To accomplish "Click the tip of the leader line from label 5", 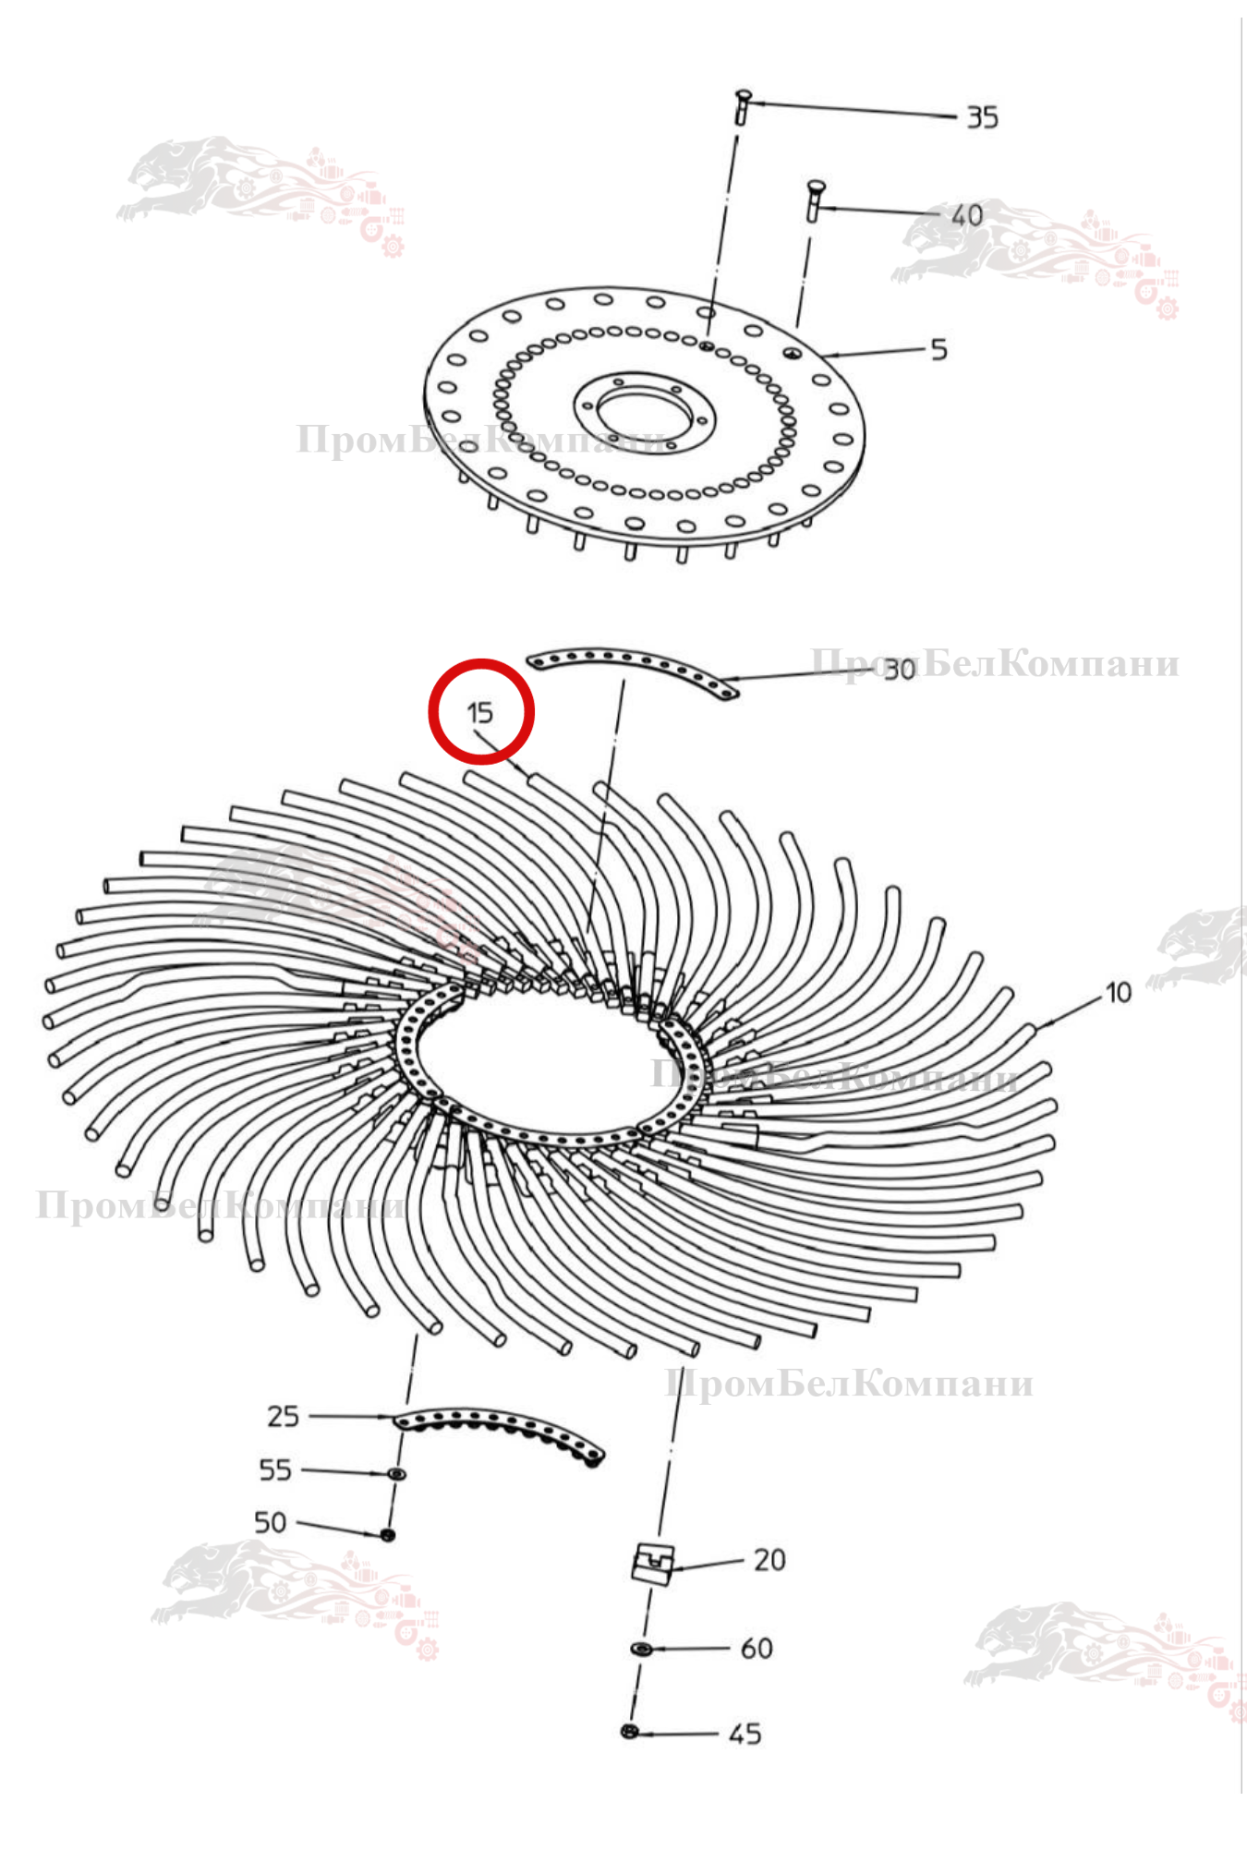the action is [822, 356].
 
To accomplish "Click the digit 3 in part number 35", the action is [975, 117].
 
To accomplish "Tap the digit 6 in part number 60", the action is [748, 1649].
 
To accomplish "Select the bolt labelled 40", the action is [814, 200].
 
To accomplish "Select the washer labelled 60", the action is [641, 1649].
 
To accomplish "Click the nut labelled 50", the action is [388, 1534].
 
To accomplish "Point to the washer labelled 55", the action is [396, 1473].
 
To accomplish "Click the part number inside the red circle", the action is [480, 713].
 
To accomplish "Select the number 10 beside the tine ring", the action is [1119, 993].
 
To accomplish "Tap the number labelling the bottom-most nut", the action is [745, 1734].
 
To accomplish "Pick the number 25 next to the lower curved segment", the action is [283, 1416].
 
